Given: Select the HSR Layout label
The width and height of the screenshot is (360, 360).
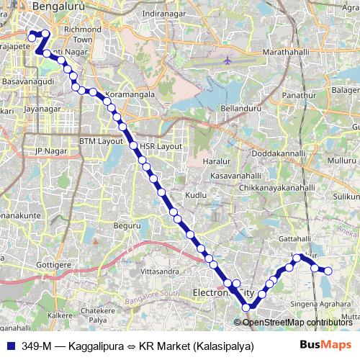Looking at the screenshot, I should click(161, 145).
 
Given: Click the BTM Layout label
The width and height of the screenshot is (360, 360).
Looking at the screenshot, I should click(101, 140).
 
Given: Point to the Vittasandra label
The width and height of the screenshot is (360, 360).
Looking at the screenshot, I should click(159, 271).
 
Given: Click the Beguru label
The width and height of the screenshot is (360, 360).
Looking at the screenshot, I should click(126, 225).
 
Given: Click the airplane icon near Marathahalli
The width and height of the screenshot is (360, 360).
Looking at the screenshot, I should click(228, 62).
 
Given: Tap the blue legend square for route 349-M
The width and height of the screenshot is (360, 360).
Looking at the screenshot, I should click(12, 345).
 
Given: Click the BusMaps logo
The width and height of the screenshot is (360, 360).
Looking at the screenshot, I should click(320, 345).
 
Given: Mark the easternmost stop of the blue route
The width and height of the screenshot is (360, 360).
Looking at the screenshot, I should click(328, 271).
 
